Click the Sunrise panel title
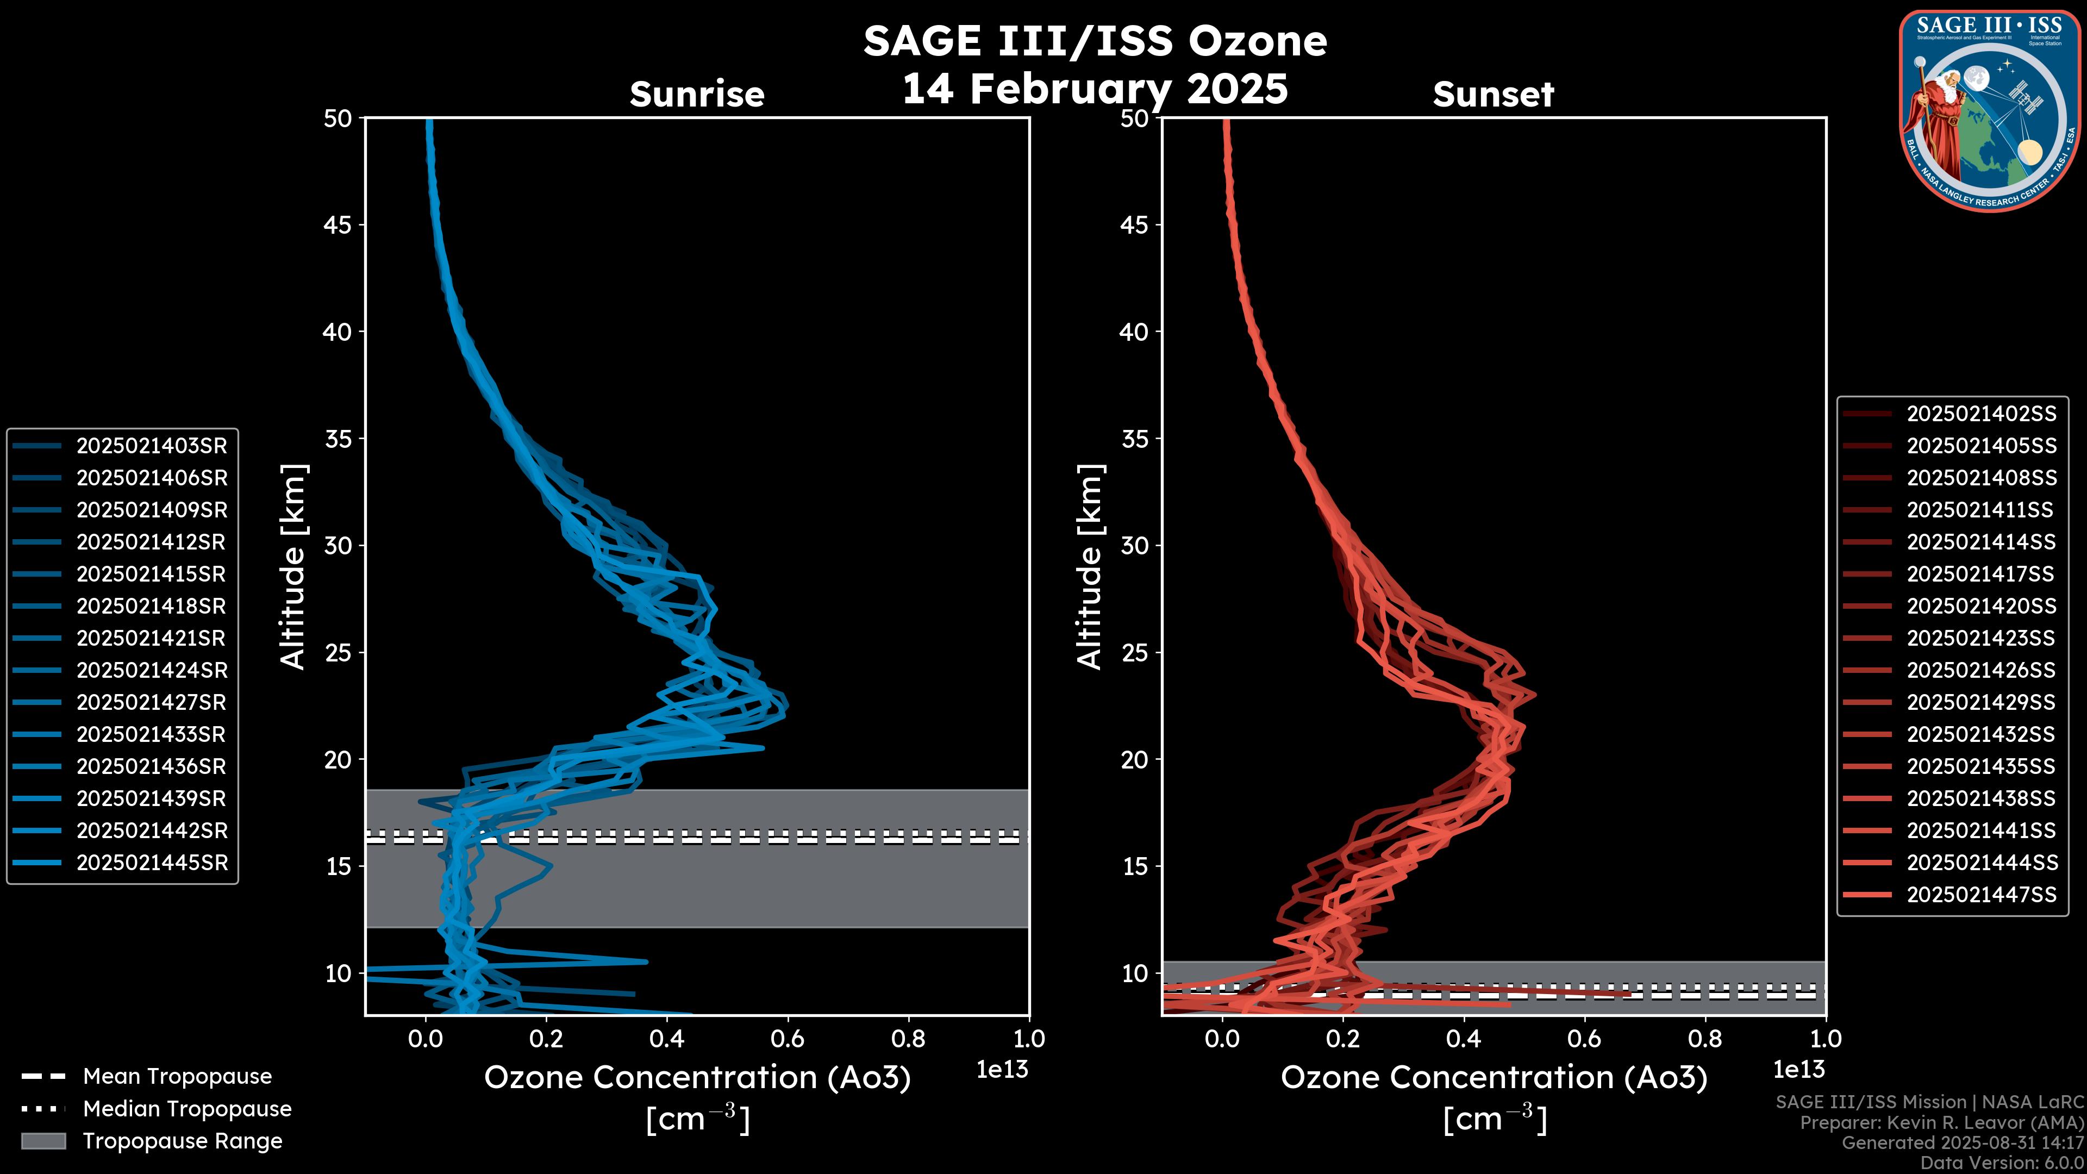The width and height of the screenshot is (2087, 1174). pyautogui.click(x=697, y=94)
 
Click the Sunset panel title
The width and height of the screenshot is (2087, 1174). pyautogui.click(x=1493, y=94)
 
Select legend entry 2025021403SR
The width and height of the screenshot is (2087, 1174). pyautogui.click(x=152, y=446)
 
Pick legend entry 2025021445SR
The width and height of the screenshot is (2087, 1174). pyautogui.click(x=152, y=863)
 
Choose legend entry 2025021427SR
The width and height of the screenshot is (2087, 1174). pyautogui.click(x=152, y=702)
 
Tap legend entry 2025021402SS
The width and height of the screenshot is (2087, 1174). pyautogui.click(x=1981, y=414)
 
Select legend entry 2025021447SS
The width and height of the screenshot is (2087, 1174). pyautogui.click(x=1981, y=895)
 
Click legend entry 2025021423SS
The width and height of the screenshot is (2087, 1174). pyautogui.click(x=1981, y=639)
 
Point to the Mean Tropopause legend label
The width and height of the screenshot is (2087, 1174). pyautogui.click(x=177, y=1076)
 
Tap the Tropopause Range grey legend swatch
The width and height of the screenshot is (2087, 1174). pyautogui.click(x=43, y=1141)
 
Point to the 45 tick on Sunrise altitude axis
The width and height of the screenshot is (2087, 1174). pyautogui.click(x=338, y=224)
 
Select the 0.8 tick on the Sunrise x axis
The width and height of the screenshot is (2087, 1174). pyautogui.click(x=908, y=1039)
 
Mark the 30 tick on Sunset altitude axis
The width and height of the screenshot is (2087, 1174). pyautogui.click(x=1134, y=545)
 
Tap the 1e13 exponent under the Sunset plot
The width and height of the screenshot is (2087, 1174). pyautogui.click(x=1798, y=1070)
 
